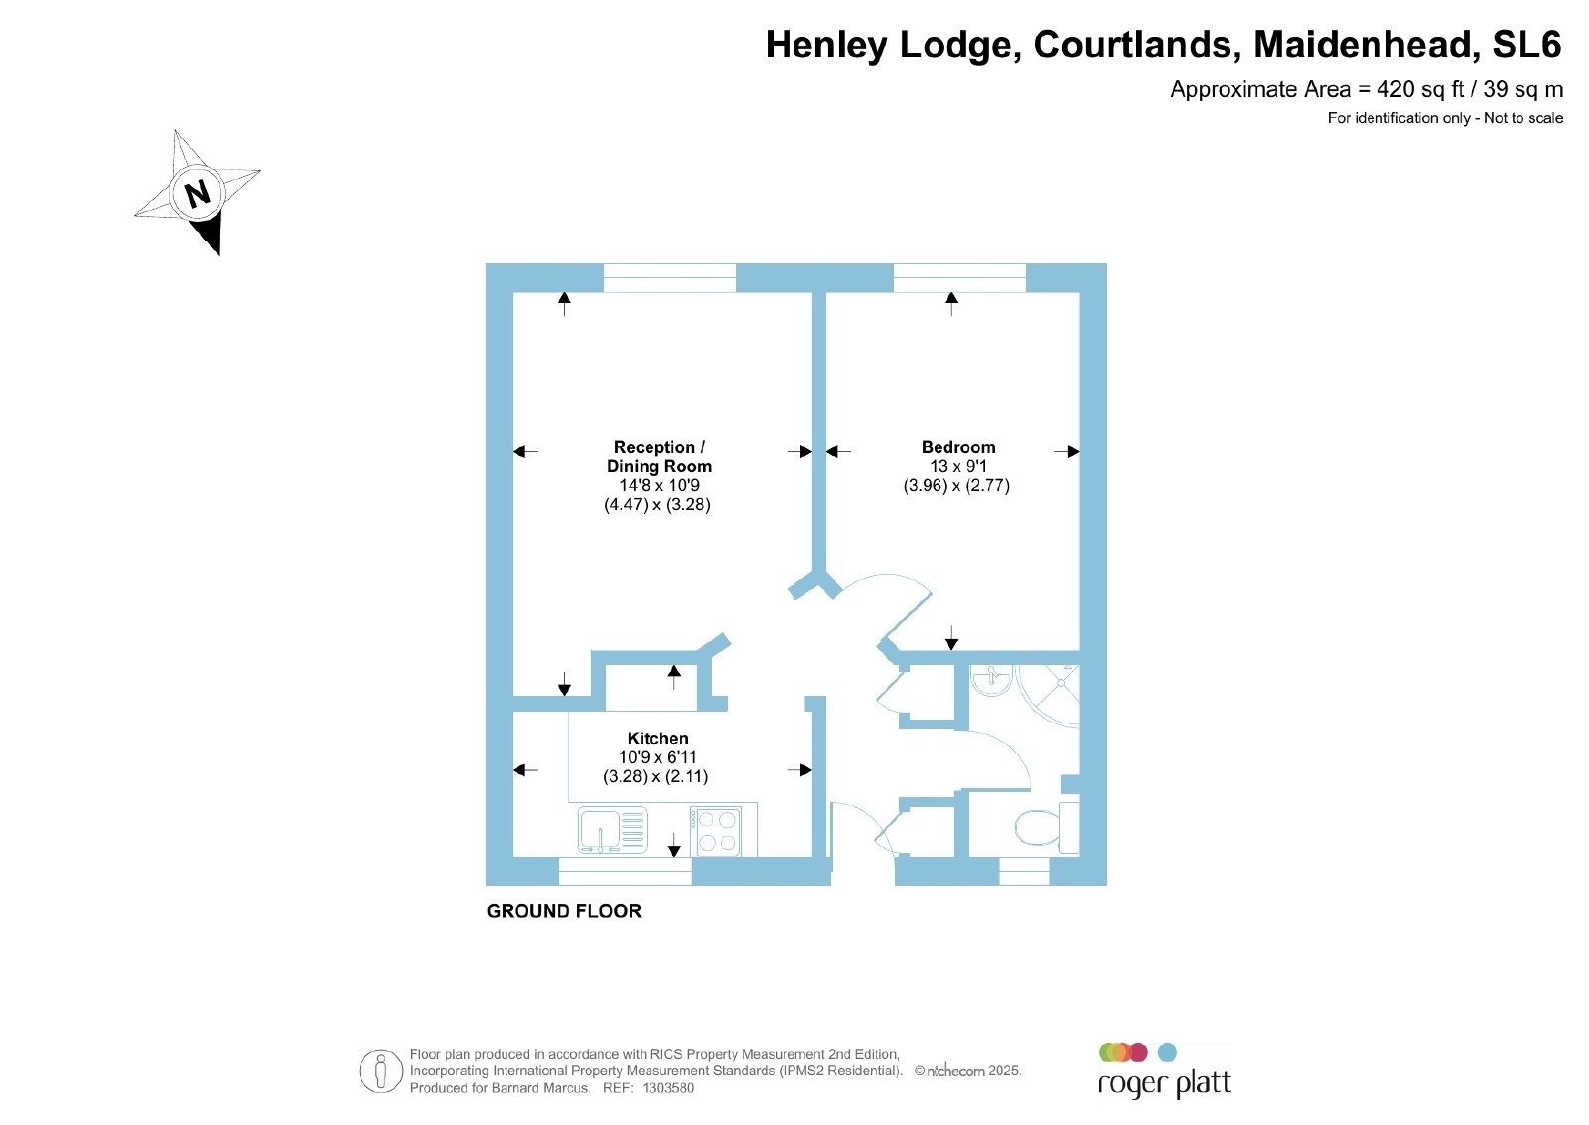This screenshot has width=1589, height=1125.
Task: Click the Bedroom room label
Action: [958, 448]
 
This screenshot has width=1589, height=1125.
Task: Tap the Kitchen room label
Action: [657, 738]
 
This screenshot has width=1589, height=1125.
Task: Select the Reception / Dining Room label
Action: [659, 457]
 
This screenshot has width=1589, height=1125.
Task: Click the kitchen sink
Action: [612, 830]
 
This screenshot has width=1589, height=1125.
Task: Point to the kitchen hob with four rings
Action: [716, 831]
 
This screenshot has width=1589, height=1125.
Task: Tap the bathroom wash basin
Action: [991, 679]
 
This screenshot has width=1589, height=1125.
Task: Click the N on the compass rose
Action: [198, 193]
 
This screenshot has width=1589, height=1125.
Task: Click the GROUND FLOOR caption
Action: [564, 911]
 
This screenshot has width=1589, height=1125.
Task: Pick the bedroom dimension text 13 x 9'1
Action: [958, 466]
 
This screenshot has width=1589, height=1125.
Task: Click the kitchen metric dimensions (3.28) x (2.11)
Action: [656, 776]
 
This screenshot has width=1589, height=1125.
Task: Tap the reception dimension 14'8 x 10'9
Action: [659, 486]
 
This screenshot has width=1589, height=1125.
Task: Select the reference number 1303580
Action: [668, 1088]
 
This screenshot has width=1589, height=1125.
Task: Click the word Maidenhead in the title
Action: [1367, 44]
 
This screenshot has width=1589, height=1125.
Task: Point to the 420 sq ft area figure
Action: [1421, 90]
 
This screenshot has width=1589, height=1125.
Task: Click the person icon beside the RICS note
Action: [381, 1071]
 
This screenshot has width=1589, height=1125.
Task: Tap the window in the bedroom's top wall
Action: [959, 277]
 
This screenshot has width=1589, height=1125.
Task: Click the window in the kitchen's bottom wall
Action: [625, 872]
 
